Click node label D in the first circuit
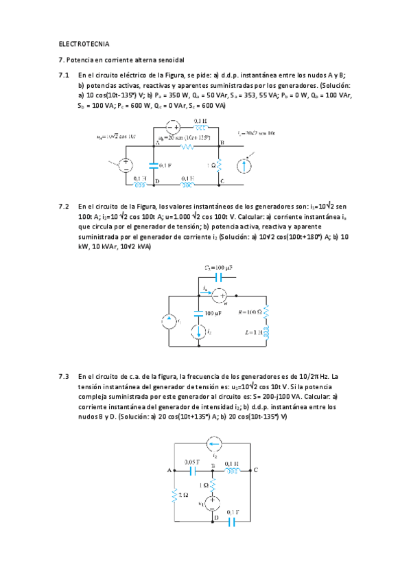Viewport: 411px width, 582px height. pos(157,181)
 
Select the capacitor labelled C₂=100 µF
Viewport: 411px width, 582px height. pos(219,278)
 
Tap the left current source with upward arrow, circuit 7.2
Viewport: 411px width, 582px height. pos(169,321)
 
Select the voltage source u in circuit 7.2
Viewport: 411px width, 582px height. pos(219,296)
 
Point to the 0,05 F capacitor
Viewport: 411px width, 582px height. pos(193,470)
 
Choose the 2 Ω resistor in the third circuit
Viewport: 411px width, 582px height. pos(176,495)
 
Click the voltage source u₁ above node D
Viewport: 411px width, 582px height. pos(213,504)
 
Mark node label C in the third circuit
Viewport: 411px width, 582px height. pos(255,470)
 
